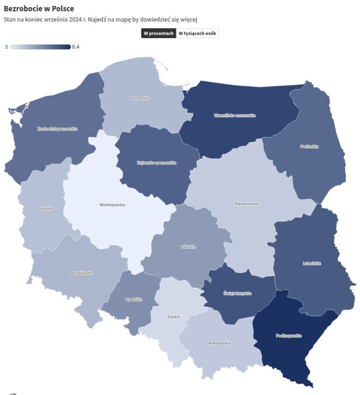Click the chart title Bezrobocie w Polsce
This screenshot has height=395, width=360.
[39, 9]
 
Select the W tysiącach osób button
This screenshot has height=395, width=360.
[197, 33]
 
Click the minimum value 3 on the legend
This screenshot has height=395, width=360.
[6, 47]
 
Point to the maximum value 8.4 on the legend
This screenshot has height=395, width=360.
[75, 47]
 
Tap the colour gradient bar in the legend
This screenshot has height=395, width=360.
[40, 47]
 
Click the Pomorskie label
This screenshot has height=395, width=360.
[140, 98]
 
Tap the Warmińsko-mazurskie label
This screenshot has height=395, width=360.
[235, 115]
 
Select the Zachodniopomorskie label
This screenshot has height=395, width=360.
[58, 128]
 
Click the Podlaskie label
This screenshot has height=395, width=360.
[309, 146]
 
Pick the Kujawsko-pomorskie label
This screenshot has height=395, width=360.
[157, 163]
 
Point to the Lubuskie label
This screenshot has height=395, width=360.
[45, 208]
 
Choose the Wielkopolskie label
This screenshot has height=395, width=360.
[112, 204]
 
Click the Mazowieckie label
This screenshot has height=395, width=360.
[247, 203]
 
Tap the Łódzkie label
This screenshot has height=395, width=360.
[188, 246]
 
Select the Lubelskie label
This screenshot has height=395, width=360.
[312, 263]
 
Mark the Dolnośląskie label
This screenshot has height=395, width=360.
[81, 273]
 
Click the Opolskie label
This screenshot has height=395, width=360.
[134, 299]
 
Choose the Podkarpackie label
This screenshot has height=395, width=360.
[289, 335]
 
